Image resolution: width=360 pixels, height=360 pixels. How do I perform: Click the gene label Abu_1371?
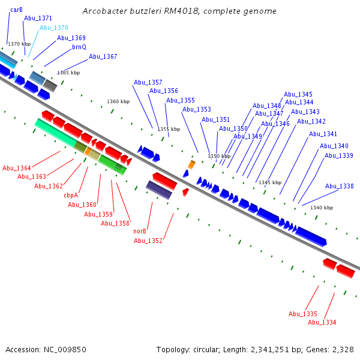pos(38,19)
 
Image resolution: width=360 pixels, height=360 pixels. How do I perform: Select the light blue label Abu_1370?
pos(54,28)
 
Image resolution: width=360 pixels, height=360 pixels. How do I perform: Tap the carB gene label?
pos(16,10)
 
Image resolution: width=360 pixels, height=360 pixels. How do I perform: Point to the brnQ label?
pos(79,47)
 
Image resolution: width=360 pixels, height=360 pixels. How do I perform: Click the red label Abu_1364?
pos(17,168)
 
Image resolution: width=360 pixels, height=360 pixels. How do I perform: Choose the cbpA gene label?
pos(71,195)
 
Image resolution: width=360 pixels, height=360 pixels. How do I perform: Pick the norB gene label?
pos(140,231)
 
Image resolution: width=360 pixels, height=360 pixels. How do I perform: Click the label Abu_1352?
pos(148,241)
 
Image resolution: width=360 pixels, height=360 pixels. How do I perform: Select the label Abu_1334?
pos(322,323)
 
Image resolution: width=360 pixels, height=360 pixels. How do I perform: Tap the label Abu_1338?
pos(339,187)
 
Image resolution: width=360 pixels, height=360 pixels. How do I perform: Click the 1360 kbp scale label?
pos(118,101)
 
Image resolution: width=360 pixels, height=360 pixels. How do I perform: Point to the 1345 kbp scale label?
pos(269,182)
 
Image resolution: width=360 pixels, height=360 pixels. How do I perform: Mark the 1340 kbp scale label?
pos(321,208)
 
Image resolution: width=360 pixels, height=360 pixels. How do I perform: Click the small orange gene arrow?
pos(191,164)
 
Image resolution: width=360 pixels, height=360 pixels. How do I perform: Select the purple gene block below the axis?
pos(159,190)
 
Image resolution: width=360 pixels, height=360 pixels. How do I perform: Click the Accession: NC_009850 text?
pos(46,349)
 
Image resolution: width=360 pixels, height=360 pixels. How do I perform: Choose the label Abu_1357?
pos(148,82)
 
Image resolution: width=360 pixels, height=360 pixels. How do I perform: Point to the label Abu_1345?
pos(298,94)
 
